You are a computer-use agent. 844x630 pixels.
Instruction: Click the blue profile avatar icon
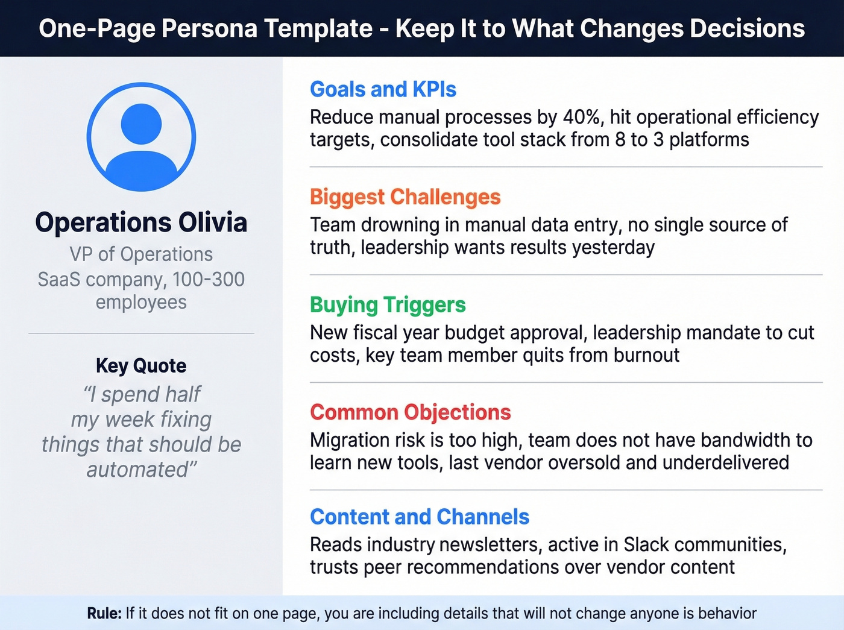(141, 137)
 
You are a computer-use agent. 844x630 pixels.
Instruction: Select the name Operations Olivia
(141, 222)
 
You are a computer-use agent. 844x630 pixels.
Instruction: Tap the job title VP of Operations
(141, 254)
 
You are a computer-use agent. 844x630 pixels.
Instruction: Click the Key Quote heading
(141, 366)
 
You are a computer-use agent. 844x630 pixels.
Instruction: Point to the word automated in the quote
(138, 470)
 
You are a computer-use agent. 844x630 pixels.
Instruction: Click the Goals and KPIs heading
(383, 89)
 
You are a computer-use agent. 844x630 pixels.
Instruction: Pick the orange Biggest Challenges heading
(405, 197)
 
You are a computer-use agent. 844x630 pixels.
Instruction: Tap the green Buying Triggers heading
(388, 305)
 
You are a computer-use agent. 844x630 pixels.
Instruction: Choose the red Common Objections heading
(410, 412)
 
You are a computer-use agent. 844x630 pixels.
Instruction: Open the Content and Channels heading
(419, 517)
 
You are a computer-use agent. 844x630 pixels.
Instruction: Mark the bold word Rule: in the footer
(104, 614)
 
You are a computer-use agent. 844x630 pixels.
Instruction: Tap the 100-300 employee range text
(208, 280)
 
